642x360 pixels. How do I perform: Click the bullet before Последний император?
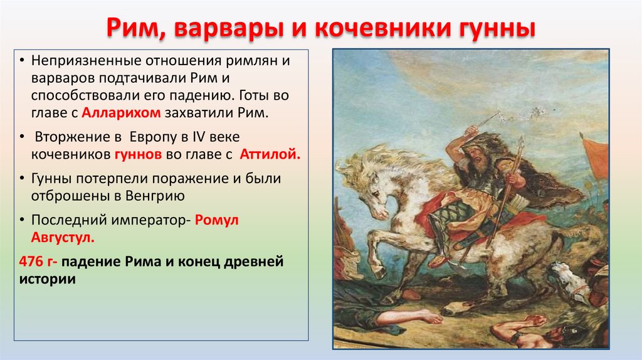(23, 220)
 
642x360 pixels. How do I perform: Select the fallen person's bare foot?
(433, 317)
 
